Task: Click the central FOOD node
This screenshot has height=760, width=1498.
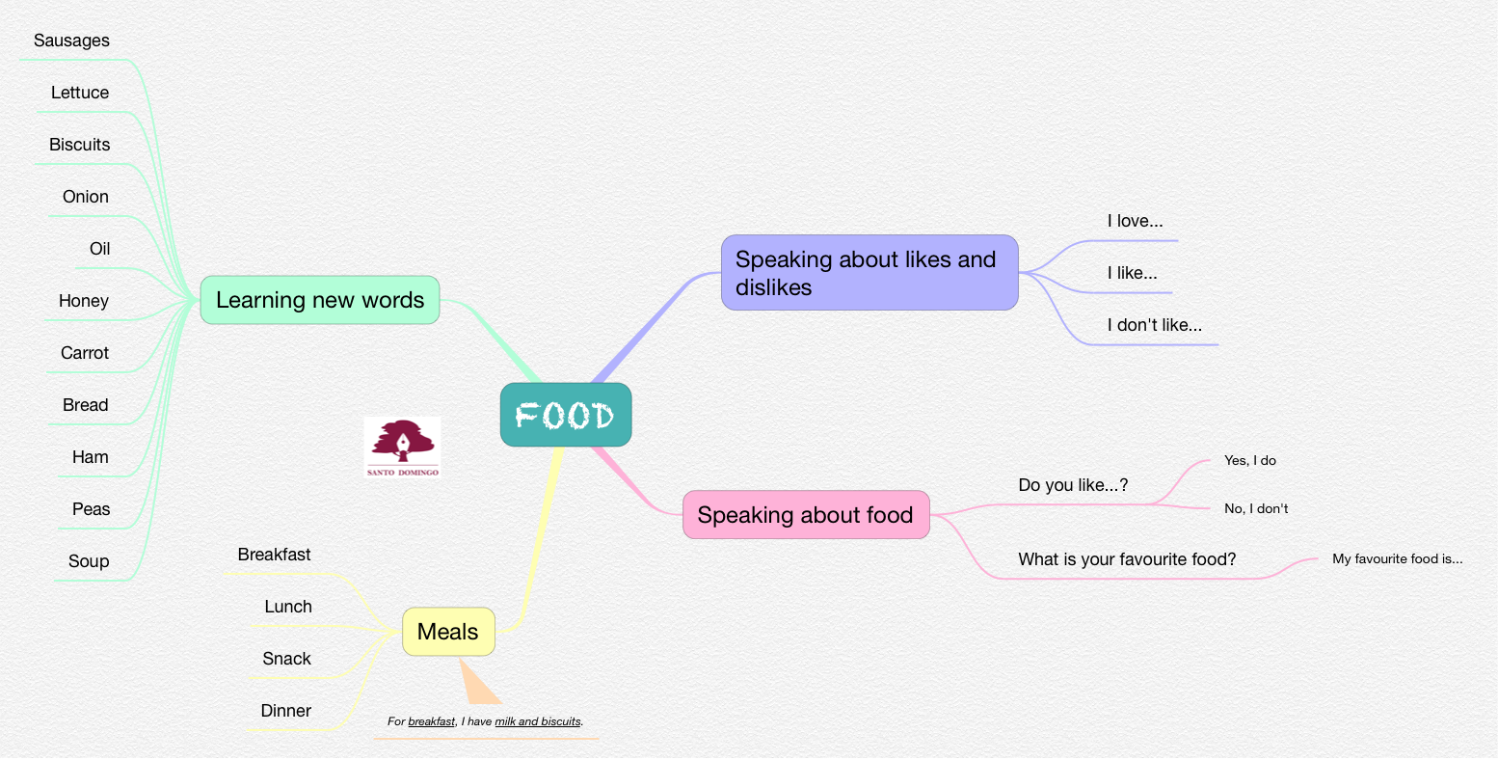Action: [566, 415]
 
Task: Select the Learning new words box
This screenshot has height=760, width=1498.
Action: [320, 300]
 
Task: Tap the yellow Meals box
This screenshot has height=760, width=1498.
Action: [448, 632]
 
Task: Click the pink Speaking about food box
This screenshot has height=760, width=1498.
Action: [806, 514]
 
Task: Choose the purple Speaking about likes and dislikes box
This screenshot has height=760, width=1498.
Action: [869, 272]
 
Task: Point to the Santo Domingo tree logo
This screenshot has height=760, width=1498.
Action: [403, 447]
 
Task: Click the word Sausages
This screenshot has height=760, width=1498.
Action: [71, 41]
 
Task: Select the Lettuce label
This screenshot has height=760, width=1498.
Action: [80, 93]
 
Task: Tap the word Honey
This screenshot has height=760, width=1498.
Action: [84, 301]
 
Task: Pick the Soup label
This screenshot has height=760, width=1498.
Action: [89, 561]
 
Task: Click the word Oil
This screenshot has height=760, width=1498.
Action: [99, 249]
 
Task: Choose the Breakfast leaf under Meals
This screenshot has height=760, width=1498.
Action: [274, 555]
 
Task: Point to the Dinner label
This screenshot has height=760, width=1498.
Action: [285, 711]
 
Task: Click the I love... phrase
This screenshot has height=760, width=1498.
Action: [1135, 221]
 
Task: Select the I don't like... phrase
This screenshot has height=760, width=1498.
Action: [1154, 325]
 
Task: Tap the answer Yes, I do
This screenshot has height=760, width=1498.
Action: [1250, 460]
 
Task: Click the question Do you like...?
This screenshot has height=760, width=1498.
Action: [1073, 485]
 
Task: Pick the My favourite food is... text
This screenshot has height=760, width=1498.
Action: [1397, 558]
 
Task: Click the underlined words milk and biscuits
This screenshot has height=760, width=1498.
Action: [538, 721]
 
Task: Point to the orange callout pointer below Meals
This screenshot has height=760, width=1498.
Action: [477, 683]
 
